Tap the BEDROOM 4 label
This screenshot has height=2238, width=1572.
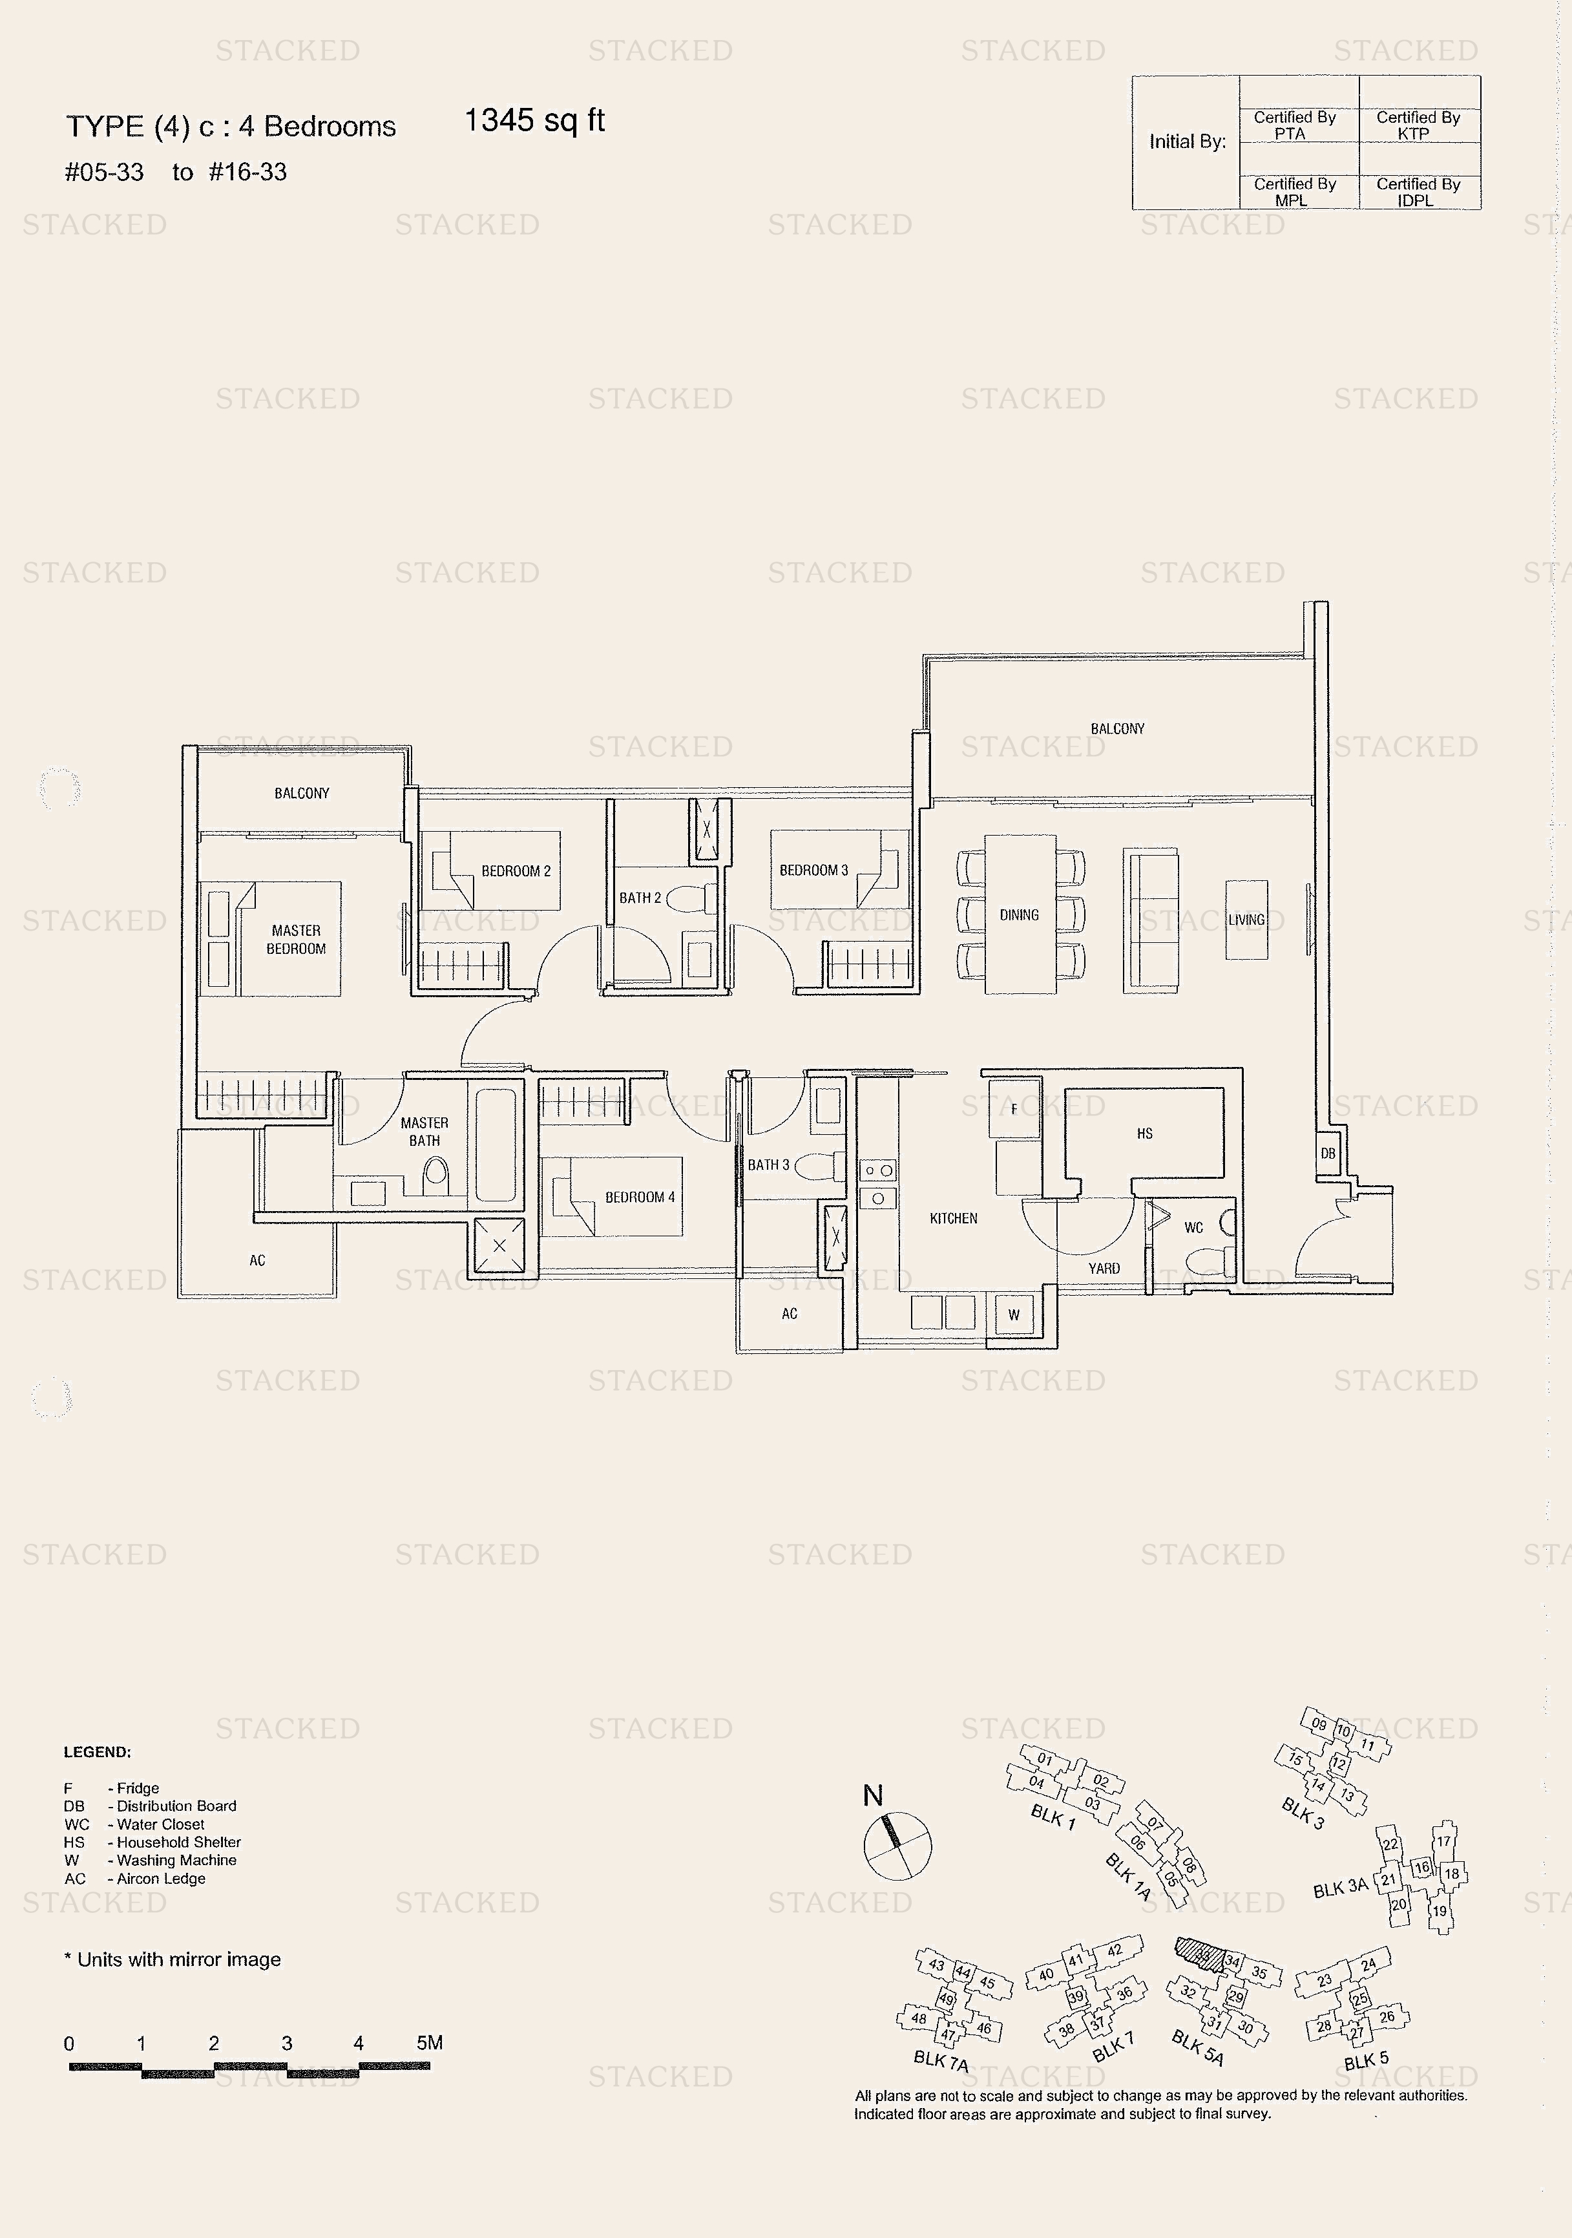pyautogui.click(x=639, y=1197)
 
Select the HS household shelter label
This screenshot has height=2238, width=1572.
pyautogui.click(x=1144, y=1134)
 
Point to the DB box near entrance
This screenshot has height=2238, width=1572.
pyautogui.click(x=1327, y=1153)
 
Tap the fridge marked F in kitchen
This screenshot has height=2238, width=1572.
pyautogui.click(x=1014, y=1108)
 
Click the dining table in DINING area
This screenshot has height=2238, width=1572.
pyautogui.click(x=1020, y=914)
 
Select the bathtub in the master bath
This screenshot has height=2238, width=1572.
pyautogui.click(x=495, y=1145)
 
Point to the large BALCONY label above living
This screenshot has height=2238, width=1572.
pyautogui.click(x=1117, y=729)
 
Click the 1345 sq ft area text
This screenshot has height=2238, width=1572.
pyautogui.click(x=534, y=121)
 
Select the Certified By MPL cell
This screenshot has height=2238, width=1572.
pyautogui.click(x=1294, y=192)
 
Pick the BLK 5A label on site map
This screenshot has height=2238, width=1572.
pyautogui.click(x=1197, y=2047)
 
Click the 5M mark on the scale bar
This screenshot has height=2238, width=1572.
pyautogui.click(x=429, y=2043)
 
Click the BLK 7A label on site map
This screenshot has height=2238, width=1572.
pyautogui.click(x=941, y=2060)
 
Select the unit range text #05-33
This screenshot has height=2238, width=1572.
pyautogui.click(x=104, y=173)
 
